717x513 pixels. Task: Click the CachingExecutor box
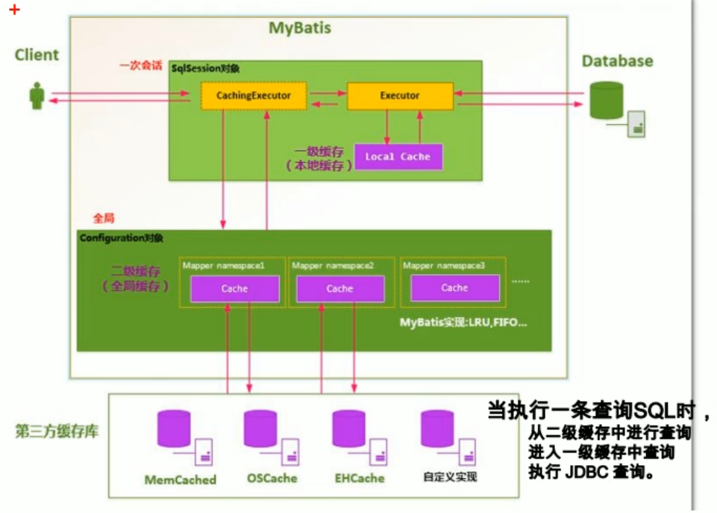click(x=253, y=96)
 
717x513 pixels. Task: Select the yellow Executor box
click(x=400, y=96)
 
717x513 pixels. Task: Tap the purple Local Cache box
click(x=398, y=157)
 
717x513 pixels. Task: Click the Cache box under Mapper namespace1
click(x=234, y=288)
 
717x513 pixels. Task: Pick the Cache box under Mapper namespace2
click(x=339, y=288)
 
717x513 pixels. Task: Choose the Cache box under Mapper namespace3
click(x=454, y=287)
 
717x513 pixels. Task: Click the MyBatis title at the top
click(x=299, y=28)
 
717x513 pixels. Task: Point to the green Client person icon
click(x=37, y=96)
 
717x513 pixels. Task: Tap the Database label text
click(x=617, y=61)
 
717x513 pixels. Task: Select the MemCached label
click(x=180, y=479)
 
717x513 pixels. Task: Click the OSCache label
click(x=272, y=478)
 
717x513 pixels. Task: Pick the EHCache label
click(x=359, y=478)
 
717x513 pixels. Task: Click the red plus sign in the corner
click(x=14, y=10)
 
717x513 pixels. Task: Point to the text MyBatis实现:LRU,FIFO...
click(x=463, y=323)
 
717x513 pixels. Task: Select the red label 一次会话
click(x=140, y=66)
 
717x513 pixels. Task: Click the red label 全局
click(x=103, y=218)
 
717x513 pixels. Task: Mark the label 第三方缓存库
click(x=56, y=432)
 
